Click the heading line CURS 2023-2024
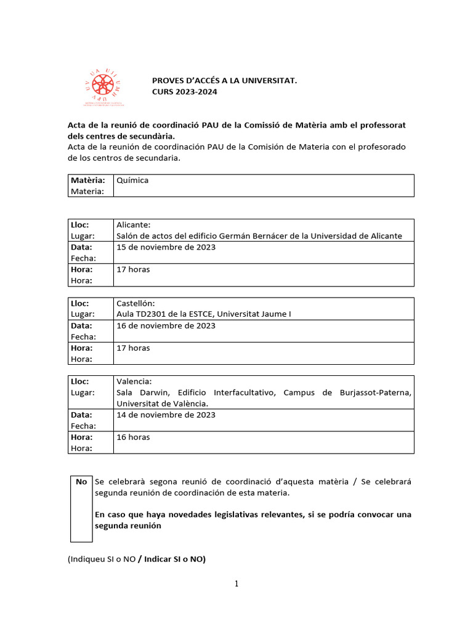point(185,92)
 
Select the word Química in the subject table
point(132,180)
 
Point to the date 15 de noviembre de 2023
point(166,247)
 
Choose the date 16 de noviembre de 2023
point(166,325)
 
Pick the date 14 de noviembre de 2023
point(166,415)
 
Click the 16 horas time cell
point(133,437)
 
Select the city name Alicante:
point(134,225)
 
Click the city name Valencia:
point(134,381)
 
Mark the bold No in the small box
point(81,481)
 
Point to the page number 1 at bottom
point(236,584)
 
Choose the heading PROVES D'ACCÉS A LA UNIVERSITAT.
point(225,81)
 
